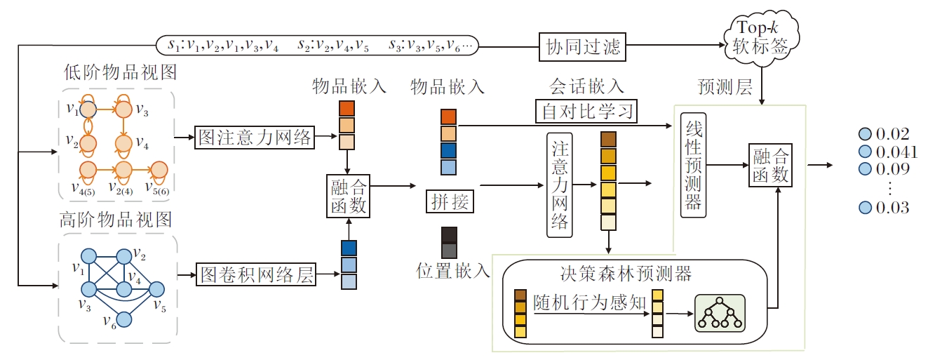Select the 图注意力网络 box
255,138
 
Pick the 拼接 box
450,202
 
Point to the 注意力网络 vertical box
560,185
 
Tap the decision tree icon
719,312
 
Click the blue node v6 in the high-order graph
124,319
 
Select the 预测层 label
725,87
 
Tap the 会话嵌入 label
586,87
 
